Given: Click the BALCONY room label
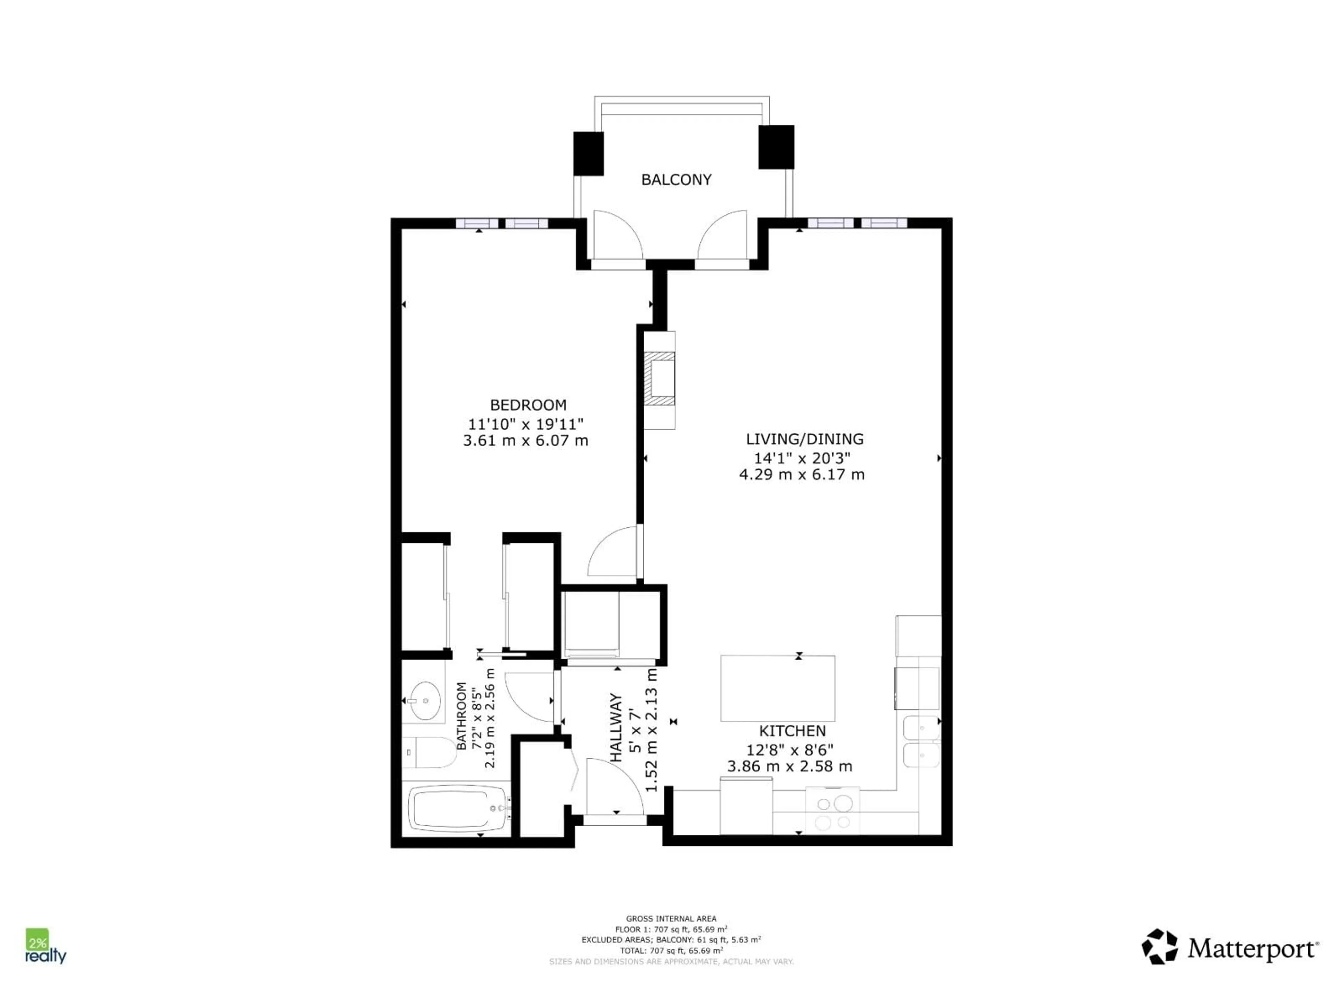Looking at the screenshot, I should click(676, 180).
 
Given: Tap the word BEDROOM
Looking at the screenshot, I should click(528, 405).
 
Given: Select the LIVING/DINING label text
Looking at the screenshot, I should click(804, 439).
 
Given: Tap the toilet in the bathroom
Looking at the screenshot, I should click(430, 753).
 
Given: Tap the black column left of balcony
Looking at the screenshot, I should click(588, 153).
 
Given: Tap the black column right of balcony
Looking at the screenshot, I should click(776, 147).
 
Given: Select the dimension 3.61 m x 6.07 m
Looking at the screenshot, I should click(525, 441).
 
